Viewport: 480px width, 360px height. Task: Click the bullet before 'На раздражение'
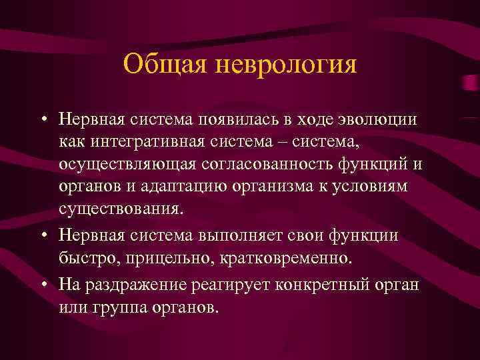coord(43,285)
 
